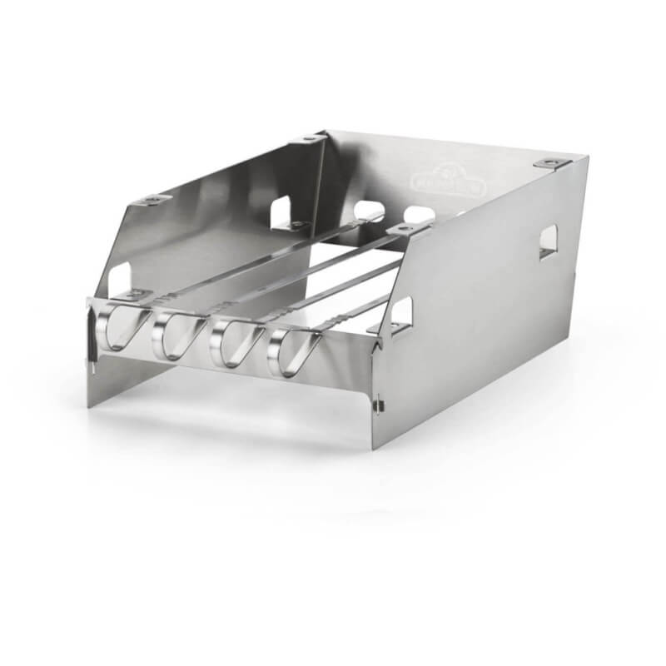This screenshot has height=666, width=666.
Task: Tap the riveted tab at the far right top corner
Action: (x=551, y=164)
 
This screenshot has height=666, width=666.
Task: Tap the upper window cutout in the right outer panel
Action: (x=549, y=241)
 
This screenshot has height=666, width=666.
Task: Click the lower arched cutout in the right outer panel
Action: (x=401, y=314)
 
